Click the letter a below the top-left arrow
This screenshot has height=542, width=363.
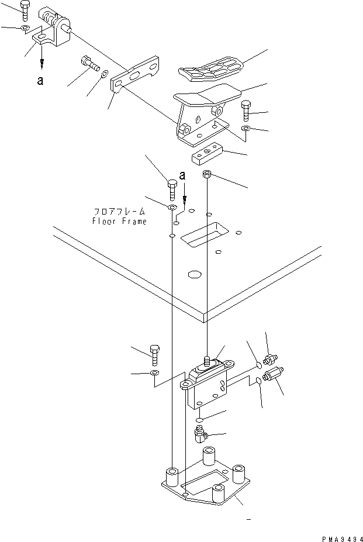(40, 81)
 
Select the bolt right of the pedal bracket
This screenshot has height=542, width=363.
(246, 111)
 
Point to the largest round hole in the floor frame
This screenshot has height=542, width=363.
(193, 274)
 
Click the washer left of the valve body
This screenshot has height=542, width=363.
(154, 372)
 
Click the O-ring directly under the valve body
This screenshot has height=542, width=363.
(200, 420)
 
